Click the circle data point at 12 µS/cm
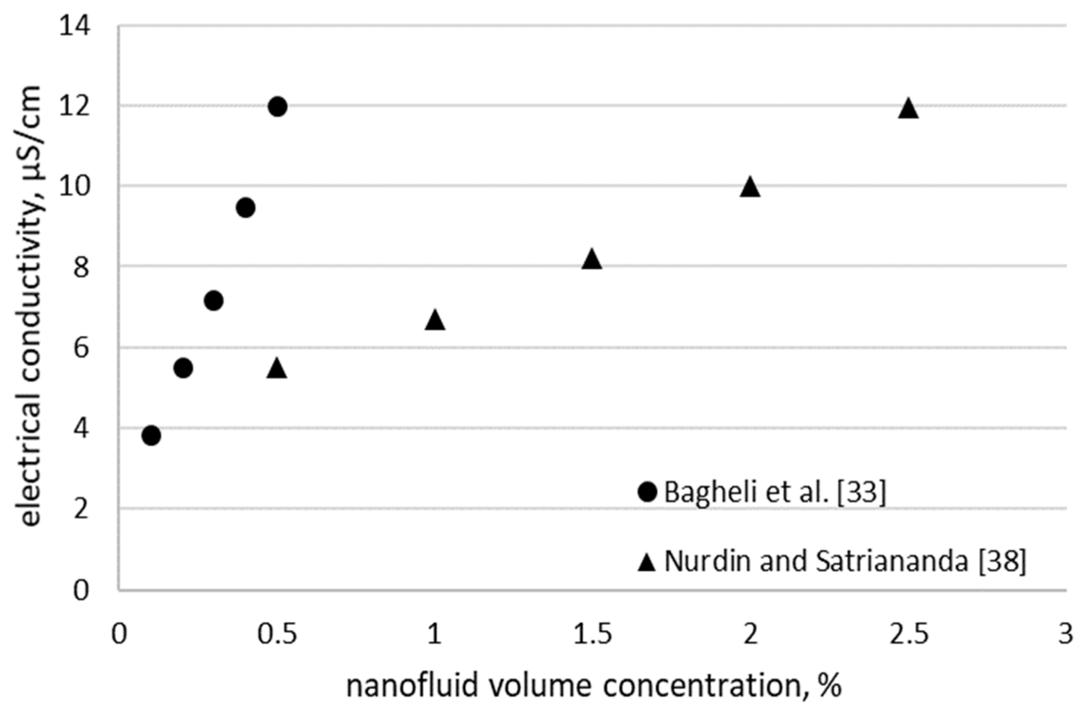pos(277,107)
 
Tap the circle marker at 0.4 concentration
pos(245,208)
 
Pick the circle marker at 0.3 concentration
pos(214,300)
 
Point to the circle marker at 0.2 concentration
pos(183,368)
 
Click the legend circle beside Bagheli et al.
pos(647,492)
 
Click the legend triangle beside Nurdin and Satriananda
pos(647,563)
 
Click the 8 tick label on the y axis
pos(81,268)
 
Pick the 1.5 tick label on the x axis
pos(592,635)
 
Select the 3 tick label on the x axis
pos(1066,635)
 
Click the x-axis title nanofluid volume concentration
pos(593,686)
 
